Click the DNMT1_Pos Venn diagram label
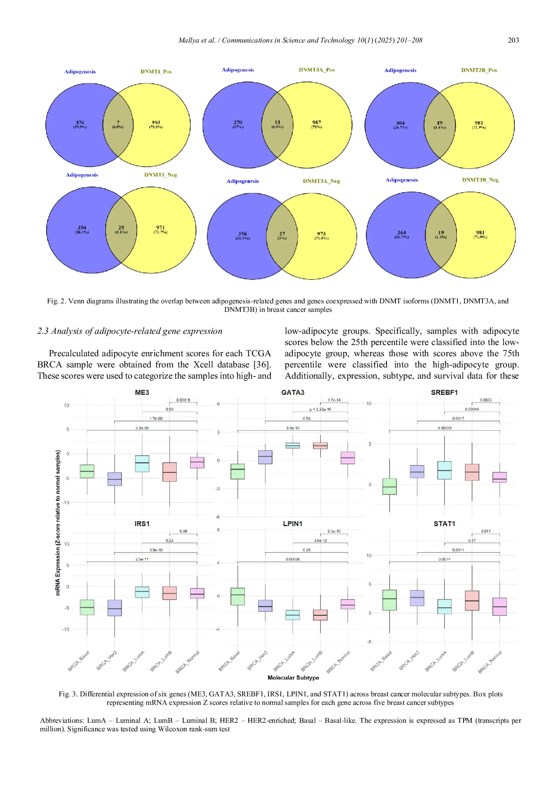[x=156, y=72]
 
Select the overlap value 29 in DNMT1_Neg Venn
[x=121, y=228]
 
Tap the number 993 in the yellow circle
[x=156, y=122]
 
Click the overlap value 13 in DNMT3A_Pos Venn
[x=277, y=122]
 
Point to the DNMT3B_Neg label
[x=480, y=180]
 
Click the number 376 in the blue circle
[x=80, y=122]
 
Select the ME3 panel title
[x=142, y=393]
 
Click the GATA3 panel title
[x=292, y=393]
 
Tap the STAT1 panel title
[x=444, y=523]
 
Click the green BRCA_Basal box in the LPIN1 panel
[x=238, y=596]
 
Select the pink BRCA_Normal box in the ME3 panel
[x=197, y=462]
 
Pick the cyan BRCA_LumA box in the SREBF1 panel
[x=444, y=470]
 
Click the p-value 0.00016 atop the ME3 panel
[x=183, y=400]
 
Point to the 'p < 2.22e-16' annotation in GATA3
[x=320, y=409]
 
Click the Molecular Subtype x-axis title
[x=293, y=678]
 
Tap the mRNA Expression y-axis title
[x=58, y=523]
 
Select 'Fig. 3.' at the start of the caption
[x=68, y=694]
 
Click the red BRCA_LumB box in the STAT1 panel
[x=472, y=600]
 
